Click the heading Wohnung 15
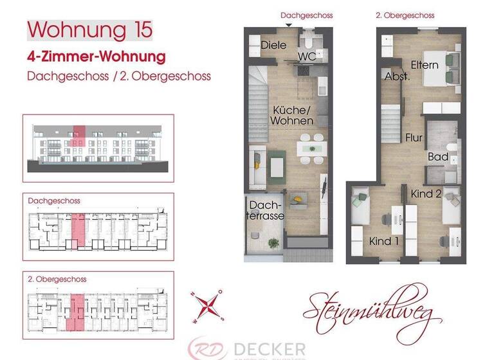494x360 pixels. [90, 30]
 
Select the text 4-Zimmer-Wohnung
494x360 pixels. [96, 57]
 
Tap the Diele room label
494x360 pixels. [273, 45]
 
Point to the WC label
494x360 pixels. [306, 56]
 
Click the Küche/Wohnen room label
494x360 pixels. [291, 115]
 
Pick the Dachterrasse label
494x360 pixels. [266, 211]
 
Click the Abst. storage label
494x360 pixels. [398, 76]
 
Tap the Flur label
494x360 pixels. [414, 137]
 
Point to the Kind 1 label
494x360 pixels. [384, 241]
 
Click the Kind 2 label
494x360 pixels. [425, 194]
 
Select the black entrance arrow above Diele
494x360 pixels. [288, 24]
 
